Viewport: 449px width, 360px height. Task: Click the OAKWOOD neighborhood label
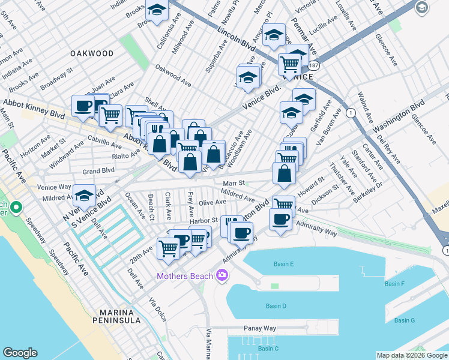pos(92,53)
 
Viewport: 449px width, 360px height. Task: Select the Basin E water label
pos(284,264)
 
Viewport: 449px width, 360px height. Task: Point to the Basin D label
pos(276,306)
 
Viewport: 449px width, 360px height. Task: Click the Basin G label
pos(405,320)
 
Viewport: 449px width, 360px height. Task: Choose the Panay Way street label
pos(259,328)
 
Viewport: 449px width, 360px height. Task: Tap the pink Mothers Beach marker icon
pos(222,275)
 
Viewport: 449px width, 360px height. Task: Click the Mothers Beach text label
pos(184,276)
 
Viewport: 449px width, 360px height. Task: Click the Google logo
pos(20,353)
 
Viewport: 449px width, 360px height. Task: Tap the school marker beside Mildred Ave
pos(84,194)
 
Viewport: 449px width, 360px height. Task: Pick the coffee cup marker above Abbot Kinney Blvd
pos(83,106)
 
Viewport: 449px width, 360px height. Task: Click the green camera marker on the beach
pos(16,209)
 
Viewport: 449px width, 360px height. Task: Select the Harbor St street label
pos(203,221)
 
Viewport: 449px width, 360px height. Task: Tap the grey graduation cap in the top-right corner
pos(422,7)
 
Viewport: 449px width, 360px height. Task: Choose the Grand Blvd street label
pos(98,170)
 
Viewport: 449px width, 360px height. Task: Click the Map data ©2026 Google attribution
pos(412,355)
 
